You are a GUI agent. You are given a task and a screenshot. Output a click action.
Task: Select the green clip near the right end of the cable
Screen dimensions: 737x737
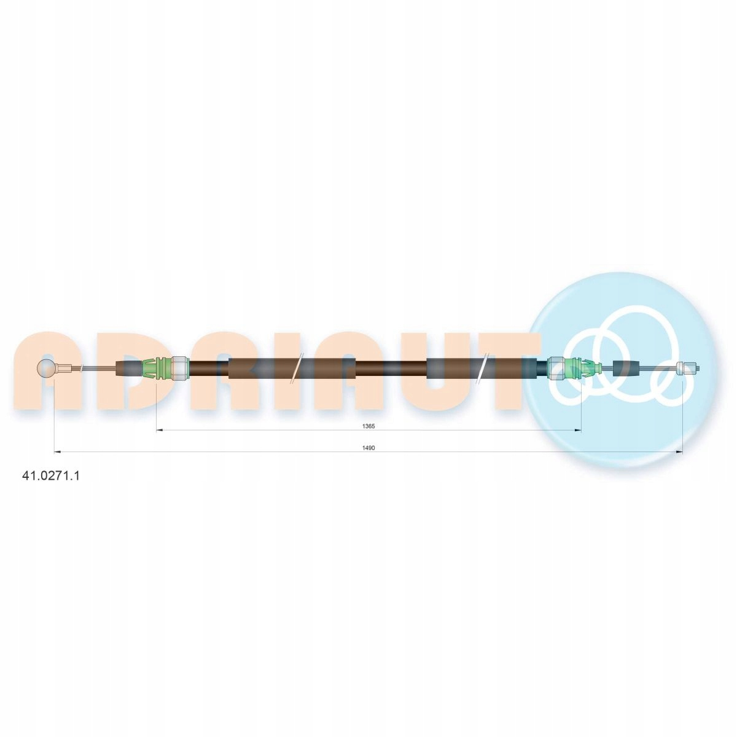click(582, 368)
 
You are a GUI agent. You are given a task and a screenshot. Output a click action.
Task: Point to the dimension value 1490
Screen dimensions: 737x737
click(369, 448)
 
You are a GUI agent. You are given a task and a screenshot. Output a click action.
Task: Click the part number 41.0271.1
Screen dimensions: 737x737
click(51, 475)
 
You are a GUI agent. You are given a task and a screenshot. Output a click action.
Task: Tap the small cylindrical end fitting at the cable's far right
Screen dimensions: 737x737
click(688, 369)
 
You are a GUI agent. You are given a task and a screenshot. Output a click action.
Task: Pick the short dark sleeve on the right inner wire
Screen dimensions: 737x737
click(626, 368)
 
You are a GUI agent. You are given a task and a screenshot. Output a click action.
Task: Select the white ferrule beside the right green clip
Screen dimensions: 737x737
click(556, 368)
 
